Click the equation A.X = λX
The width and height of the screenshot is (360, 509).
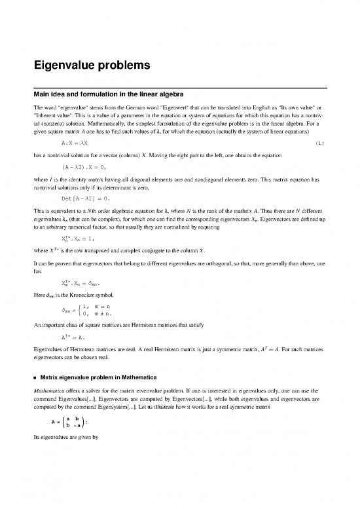click(76, 142)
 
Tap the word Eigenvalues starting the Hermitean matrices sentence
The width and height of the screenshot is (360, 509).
click(52, 347)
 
